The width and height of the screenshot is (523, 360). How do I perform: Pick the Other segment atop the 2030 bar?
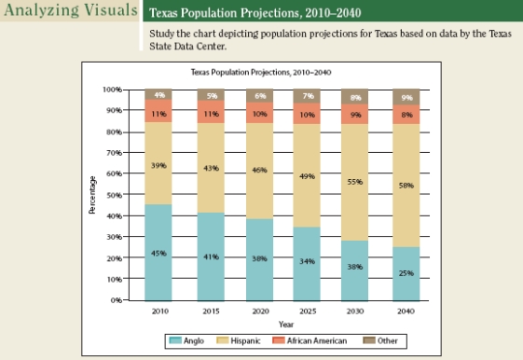click(355, 97)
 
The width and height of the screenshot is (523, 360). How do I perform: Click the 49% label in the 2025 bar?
click(307, 176)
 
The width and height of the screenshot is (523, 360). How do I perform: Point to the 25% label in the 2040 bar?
click(406, 272)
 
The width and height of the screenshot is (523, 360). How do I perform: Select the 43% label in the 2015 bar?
click(210, 168)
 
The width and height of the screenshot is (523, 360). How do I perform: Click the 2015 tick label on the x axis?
click(210, 312)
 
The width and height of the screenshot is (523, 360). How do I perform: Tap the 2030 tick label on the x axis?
click(355, 312)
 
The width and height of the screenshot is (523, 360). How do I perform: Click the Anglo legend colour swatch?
click(177, 341)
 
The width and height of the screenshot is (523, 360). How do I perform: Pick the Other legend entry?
click(382, 341)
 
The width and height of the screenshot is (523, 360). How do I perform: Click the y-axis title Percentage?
click(92, 196)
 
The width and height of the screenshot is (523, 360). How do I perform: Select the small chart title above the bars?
click(260, 72)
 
